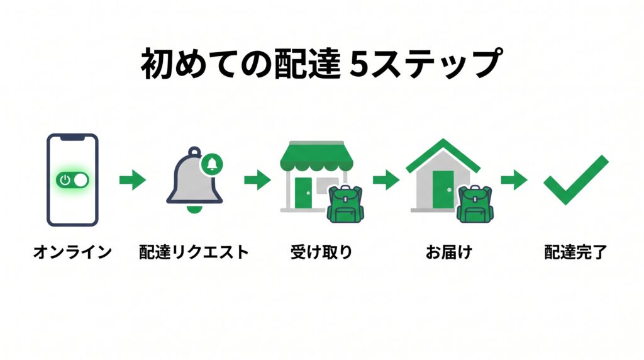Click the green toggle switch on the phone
(72, 180)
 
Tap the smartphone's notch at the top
(73, 138)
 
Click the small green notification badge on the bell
(212, 164)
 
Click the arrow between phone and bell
(133, 179)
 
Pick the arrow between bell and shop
(257, 179)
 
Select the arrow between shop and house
(386, 179)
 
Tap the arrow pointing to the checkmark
(514, 179)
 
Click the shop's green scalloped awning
(317, 157)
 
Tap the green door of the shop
(303, 193)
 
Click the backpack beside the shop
(345, 204)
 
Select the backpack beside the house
(475, 204)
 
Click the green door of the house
(443, 189)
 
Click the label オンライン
(73, 252)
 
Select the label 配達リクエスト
(194, 252)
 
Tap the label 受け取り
(321, 252)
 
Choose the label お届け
(449, 252)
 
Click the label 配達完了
(575, 252)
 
